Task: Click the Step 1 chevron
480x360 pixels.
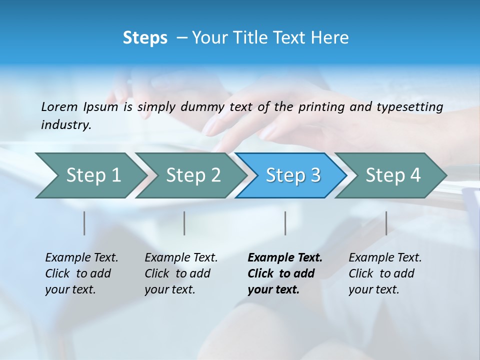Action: pyautogui.click(x=90, y=175)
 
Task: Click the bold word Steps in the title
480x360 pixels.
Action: pyautogui.click(x=145, y=38)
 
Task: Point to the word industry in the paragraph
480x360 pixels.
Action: pyautogui.click(x=65, y=124)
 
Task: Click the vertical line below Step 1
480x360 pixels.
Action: pyautogui.click(x=84, y=223)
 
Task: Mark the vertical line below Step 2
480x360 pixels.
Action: pyautogui.click(x=184, y=223)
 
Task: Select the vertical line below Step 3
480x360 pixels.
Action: pyautogui.click(x=285, y=223)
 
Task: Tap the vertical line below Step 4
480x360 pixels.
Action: pyautogui.click(x=386, y=223)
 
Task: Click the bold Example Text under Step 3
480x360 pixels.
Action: pyautogui.click(x=285, y=258)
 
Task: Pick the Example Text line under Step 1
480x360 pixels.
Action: pyautogui.click(x=81, y=258)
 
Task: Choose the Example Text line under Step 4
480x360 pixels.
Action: pyautogui.click(x=385, y=258)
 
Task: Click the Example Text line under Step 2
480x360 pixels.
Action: pyautogui.click(x=181, y=258)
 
